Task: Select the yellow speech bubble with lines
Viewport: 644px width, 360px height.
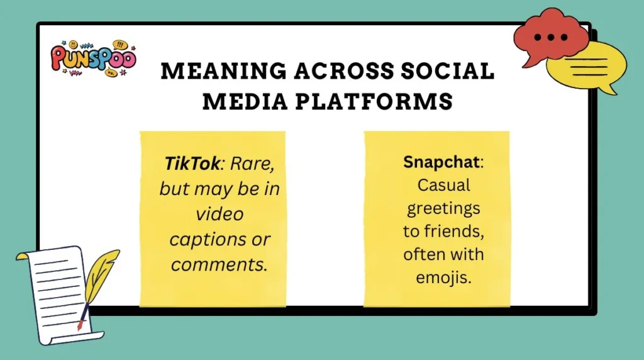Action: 584,67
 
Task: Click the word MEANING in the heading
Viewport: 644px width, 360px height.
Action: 214,72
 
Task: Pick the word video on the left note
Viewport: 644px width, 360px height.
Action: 219,214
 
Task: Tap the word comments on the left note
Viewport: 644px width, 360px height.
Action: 219,264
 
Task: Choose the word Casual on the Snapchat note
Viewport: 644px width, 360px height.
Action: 444,185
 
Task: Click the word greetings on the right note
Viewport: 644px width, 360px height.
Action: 444,208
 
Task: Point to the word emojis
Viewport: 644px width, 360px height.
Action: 444,278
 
